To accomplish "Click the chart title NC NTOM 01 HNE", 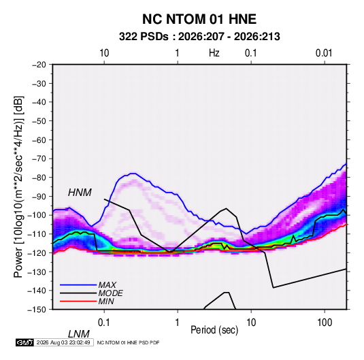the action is (199, 19).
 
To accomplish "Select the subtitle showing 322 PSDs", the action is (199, 37).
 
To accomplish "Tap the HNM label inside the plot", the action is (80, 193).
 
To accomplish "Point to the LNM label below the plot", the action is (78, 334).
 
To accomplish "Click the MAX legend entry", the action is (107, 284).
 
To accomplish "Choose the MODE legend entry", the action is (110, 293).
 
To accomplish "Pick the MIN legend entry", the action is (106, 301).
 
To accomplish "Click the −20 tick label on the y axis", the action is (39, 65).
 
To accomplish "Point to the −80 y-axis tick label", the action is (39, 178).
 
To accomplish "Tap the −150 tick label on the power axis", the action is (37, 310).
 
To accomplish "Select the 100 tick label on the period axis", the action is (325, 322).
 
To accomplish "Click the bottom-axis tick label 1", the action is (178, 322).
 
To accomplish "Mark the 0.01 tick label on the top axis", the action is (324, 53).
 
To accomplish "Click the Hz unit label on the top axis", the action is (214, 53).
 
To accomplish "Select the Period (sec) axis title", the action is (214, 330).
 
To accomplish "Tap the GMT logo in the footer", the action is (24, 342).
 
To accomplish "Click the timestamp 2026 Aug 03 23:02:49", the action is (63, 342).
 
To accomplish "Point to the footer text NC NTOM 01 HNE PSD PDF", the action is (128, 342).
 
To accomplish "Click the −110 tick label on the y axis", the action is (37, 234).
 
